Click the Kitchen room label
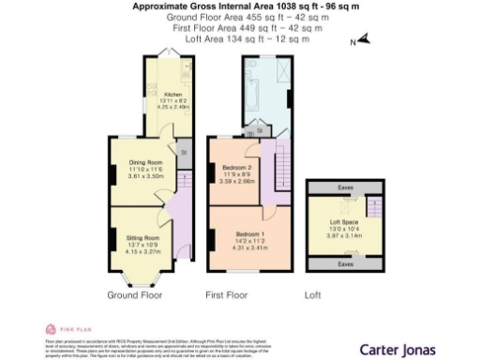point(172,95)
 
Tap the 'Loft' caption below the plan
point(313,294)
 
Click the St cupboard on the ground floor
point(184,151)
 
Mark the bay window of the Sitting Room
point(141,278)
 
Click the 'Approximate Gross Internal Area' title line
point(239,7)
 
